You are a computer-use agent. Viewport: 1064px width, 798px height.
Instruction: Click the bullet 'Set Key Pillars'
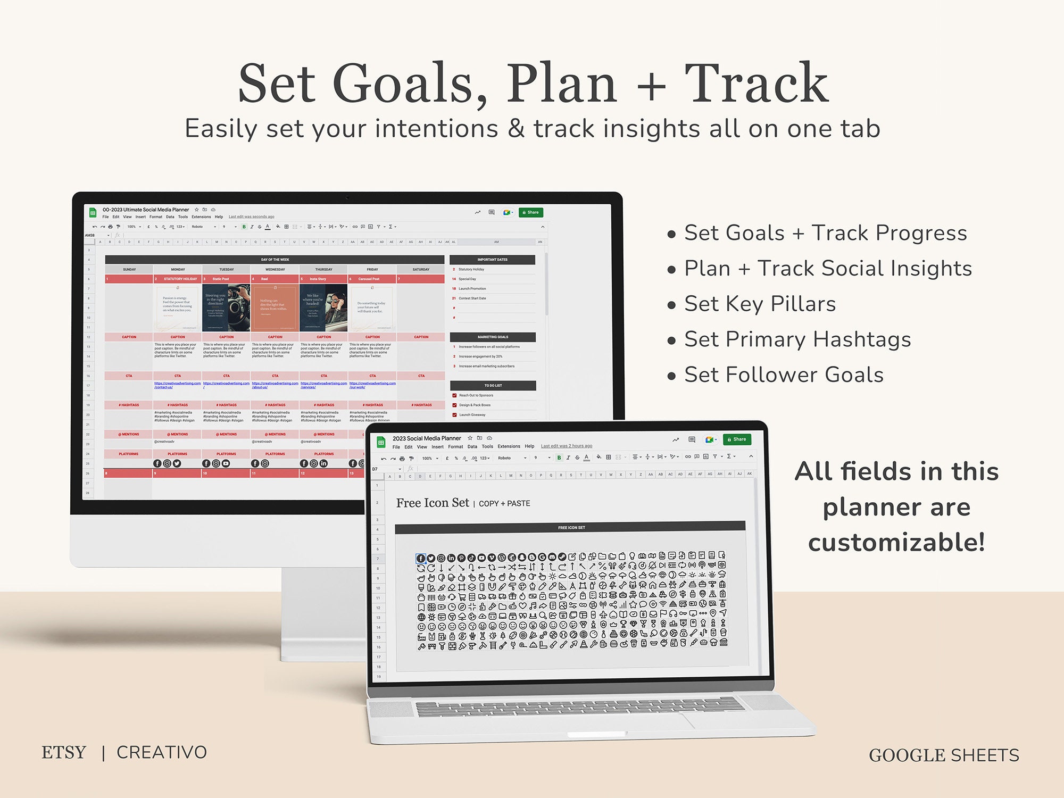[x=759, y=304]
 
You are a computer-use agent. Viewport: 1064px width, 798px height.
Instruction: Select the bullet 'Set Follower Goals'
[x=783, y=375]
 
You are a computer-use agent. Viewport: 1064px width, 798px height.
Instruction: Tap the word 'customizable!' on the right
[x=896, y=542]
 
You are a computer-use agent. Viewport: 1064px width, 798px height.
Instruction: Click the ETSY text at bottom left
[x=64, y=752]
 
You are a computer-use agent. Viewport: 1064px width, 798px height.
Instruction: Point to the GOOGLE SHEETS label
[x=944, y=755]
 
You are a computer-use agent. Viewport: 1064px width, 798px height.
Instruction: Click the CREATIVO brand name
[x=162, y=752]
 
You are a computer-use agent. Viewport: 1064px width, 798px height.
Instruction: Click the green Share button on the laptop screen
[x=737, y=439]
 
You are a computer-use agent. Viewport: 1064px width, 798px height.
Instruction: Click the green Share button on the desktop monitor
[x=530, y=212]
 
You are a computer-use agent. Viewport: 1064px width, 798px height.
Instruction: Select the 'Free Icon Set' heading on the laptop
[x=433, y=503]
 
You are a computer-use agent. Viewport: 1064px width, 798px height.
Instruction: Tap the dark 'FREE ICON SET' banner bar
[x=570, y=527]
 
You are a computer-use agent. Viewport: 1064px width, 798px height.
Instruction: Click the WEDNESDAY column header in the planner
[x=275, y=269]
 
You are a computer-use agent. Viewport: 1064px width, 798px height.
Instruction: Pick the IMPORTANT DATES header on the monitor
[x=492, y=260]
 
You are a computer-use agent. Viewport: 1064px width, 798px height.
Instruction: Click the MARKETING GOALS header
[x=493, y=337]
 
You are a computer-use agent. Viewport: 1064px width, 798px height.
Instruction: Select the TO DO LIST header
[x=493, y=385]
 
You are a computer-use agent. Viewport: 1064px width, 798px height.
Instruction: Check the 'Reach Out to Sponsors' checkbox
[x=454, y=395]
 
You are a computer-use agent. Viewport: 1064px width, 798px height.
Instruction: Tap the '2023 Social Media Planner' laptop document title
[x=427, y=438]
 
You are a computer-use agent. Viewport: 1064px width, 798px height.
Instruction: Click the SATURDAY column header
[x=421, y=269]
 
